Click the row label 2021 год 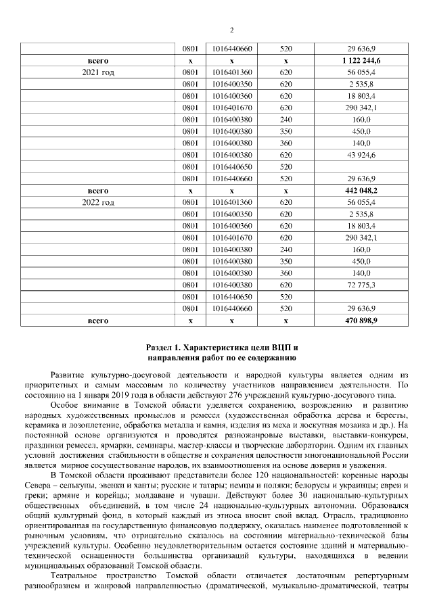98,72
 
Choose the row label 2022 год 98,202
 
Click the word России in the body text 396,454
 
